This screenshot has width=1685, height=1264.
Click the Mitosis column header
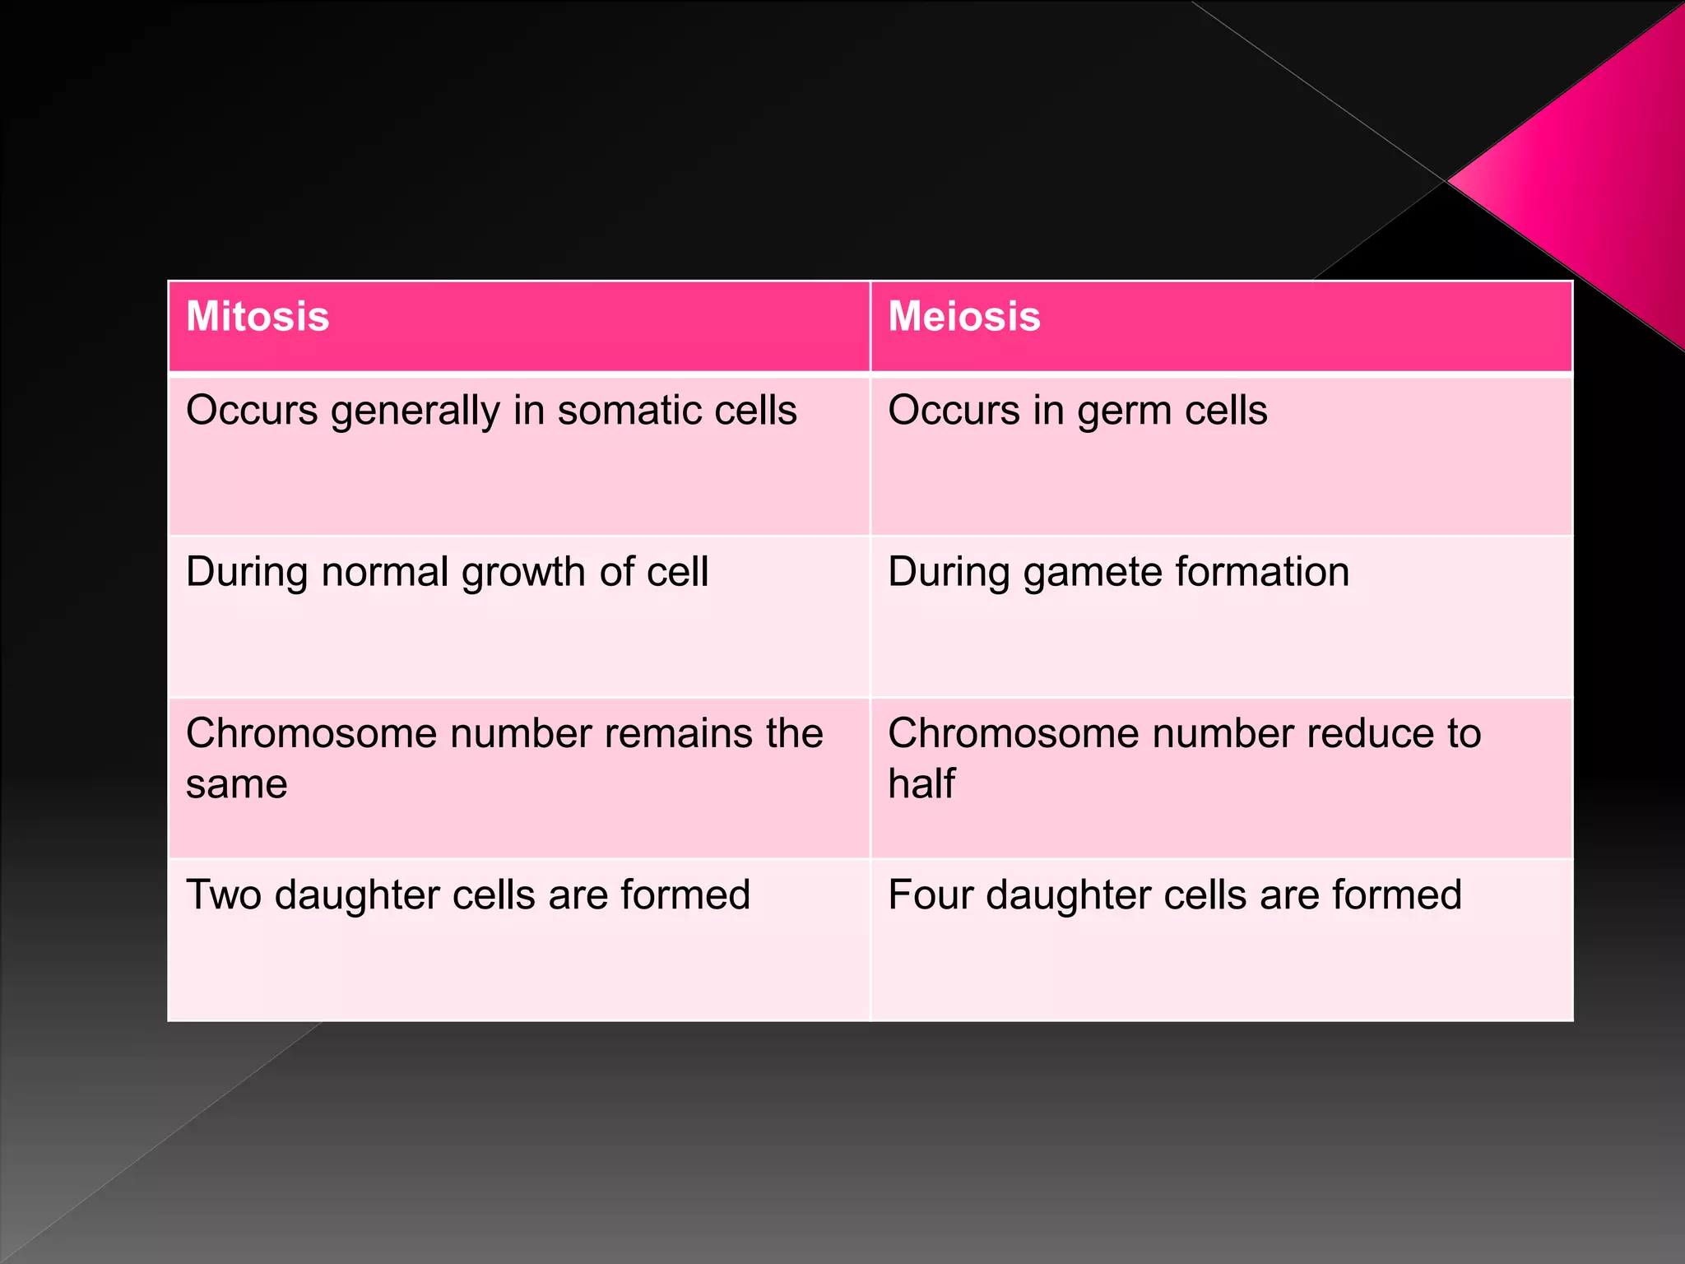(258, 317)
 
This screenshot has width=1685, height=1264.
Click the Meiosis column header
(964, 317)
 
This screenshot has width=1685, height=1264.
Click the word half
(921, 783)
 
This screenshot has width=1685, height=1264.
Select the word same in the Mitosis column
(236, 785)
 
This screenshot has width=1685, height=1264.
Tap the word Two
(224, 895)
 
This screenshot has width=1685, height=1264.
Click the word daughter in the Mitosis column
(357, 895)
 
